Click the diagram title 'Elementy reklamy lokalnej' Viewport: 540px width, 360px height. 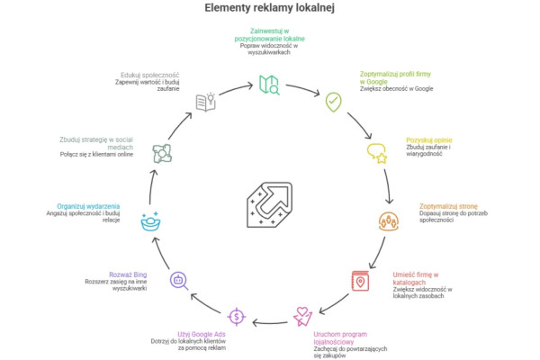coord(269,10)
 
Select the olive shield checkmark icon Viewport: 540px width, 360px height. coord(333,102)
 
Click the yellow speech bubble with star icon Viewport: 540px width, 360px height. coord(376,154)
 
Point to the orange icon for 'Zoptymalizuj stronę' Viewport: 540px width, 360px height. coord(389,220)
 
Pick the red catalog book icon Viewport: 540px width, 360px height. coord(362,281)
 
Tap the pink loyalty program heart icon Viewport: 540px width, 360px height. coord(303,316)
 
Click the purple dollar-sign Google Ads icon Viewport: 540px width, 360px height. coord(236,316)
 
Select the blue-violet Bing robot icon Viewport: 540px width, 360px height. coord(178,280)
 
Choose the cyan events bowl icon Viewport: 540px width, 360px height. coord(150,220)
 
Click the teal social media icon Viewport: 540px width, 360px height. coord(162,153)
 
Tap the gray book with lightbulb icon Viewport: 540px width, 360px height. coord(206,102)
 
